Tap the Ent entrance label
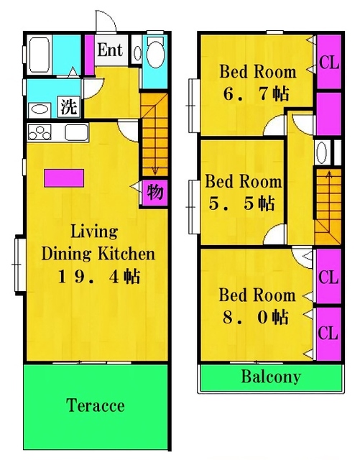click(x=109, y=50)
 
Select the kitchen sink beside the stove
click(x=75, y=132)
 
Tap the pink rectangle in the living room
click(x=64, y=178)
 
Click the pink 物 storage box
click(x=154, y=193)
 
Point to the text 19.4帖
click(x=98, y=276)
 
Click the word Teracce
click(x=96, y=405)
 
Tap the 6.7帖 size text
click(x=257, y=93)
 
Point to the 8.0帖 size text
click(x=256, y=317)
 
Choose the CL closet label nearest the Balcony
click(x=328, y=333)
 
